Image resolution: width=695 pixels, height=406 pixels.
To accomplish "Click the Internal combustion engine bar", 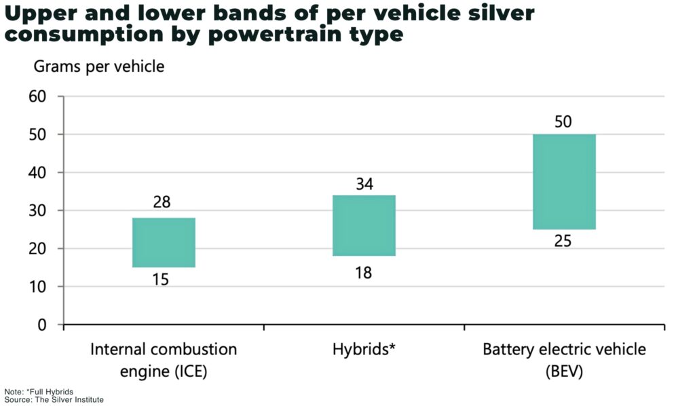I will tap(164, 243).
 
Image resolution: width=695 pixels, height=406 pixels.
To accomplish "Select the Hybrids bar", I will tap(364, 226).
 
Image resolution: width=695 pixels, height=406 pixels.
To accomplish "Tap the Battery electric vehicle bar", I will tap(564, 182).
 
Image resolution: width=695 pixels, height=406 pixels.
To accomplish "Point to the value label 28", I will tap(162, 202).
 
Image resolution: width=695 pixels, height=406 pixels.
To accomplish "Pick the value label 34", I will tap(364, 184).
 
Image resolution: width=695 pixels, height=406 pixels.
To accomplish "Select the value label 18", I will tap(364, 272).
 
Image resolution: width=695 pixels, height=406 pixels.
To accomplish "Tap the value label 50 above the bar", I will tap(563, 122).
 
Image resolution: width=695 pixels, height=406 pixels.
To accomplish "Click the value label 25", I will tap(563, 241).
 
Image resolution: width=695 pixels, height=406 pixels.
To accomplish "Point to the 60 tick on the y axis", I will tap(37, 96).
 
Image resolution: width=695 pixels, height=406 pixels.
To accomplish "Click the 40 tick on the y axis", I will tap(37, 173).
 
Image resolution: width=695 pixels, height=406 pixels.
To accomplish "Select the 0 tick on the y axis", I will tap(41, 325).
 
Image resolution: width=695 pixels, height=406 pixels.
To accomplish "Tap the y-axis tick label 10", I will tap(37, 287).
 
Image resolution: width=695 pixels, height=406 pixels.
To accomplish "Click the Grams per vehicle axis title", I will tap(98, 67).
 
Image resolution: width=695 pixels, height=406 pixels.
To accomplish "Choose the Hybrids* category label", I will tap(364, 350).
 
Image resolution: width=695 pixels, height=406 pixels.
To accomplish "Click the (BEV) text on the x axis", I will tap(564, 372).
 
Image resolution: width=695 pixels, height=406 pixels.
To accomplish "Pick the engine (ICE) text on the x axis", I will tap(164, 372).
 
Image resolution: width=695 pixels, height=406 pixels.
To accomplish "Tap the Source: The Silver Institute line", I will tap(54, 400).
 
